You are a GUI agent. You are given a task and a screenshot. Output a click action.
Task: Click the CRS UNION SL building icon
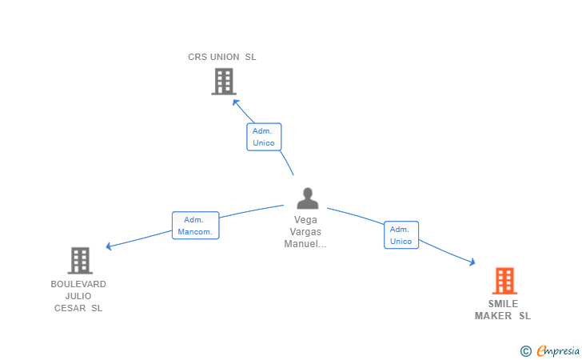pos(223,81)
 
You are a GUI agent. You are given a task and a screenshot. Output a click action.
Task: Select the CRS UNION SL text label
pos(222,57)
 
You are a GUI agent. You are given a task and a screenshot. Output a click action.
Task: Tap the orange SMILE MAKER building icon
pos(504,281)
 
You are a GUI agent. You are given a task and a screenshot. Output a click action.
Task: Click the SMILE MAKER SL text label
pos(503,310)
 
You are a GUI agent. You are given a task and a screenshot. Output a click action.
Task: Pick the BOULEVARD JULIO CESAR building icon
pos(79,260)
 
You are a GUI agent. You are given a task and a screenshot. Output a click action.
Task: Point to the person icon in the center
pos(307,198)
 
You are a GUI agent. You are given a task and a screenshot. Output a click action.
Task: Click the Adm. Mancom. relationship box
pos(196,226)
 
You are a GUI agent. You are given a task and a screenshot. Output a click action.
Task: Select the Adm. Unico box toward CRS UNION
pos(264,137)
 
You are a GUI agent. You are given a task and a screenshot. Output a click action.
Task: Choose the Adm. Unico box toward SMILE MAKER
pos(401,235)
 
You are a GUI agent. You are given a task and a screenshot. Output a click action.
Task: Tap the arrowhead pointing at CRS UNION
pos(236,102)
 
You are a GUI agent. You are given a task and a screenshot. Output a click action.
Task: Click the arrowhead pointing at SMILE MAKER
pos(472,262)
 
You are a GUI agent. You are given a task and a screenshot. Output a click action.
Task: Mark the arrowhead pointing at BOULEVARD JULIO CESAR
pos(109,246)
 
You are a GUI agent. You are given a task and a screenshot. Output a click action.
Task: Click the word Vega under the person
pos(305,220)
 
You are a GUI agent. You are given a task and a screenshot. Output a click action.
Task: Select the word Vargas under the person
pos(305,232)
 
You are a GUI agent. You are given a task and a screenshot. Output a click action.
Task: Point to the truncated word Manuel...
pos(305,244)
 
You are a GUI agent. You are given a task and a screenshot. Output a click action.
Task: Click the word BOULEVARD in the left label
pos(78,284)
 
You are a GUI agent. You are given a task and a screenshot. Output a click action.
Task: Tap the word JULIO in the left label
pos(78,296)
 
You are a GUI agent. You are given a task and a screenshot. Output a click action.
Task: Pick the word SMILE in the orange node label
pos(503,304)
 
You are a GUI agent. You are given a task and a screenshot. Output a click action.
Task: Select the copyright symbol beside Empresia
pos(525,350)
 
